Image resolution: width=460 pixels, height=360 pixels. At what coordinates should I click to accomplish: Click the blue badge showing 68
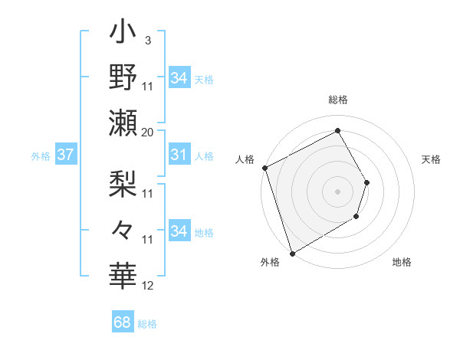(x=123, y=322)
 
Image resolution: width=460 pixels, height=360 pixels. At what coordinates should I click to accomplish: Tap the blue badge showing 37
(x=65, y=155)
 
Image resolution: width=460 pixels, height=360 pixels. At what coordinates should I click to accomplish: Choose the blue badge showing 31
(x=179, y=155)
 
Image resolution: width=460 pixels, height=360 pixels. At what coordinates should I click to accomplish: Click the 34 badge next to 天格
(x=179, y=77)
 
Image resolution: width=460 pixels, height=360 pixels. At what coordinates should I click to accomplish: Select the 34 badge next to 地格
(x=179, y=231)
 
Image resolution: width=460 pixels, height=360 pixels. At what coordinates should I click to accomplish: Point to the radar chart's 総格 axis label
(x=338, y=100)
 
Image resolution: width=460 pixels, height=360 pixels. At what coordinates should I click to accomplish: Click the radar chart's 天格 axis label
(x=431, y=159)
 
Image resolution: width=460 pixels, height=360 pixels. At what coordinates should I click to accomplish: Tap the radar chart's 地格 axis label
(x=402, y=262)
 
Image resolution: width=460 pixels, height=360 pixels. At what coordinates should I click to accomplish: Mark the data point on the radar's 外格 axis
(x=292, y=253)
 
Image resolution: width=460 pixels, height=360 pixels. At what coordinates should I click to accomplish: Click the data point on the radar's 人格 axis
(x=264, y=168)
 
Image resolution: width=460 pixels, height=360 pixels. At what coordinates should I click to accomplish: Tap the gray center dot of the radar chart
(x=338, y=191)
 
